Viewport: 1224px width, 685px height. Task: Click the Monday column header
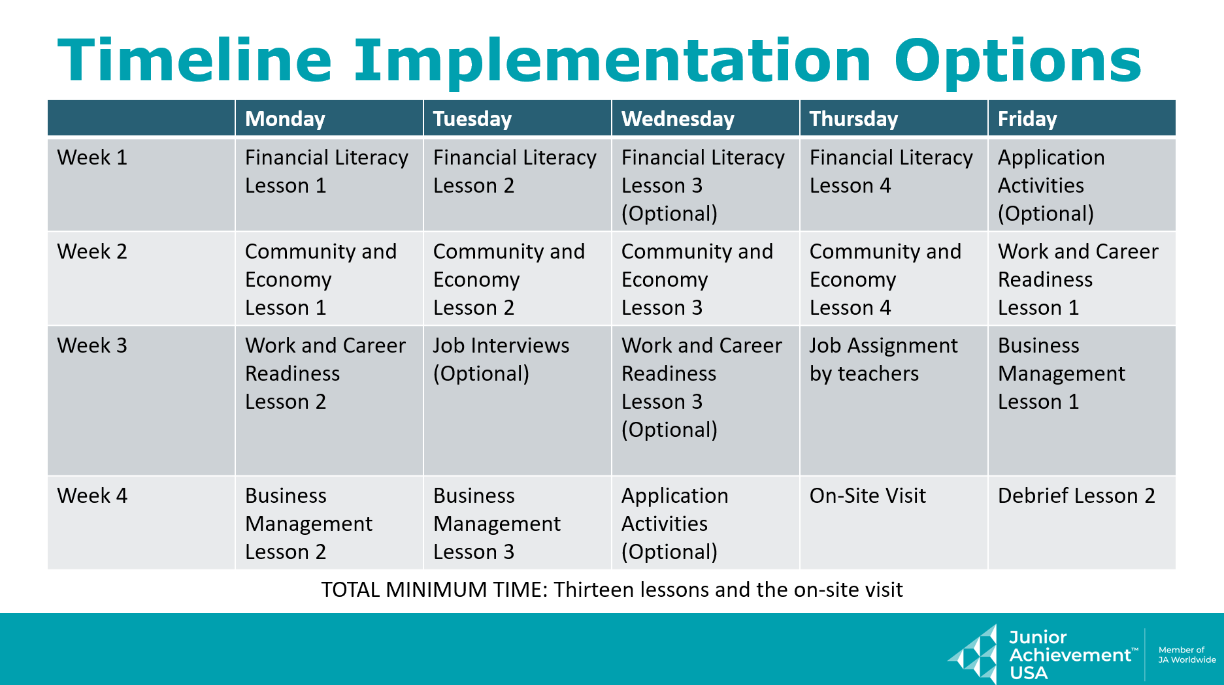pos(285,119)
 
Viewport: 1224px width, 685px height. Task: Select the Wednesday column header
pos(678,119)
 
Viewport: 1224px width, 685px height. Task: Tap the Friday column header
pos(1027,119)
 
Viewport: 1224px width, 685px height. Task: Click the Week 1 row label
pos(92,157)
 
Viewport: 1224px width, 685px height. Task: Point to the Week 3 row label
pos(92,345)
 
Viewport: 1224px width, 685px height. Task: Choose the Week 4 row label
pos(92,496)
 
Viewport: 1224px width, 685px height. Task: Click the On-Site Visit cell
pos(868,496)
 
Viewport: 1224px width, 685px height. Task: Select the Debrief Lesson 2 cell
pos(1076,496)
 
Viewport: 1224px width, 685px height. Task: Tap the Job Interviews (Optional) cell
pos(501,359)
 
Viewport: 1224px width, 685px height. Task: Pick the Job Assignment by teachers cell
pos(884,359)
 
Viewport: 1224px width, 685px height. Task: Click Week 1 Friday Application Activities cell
pos(1051,185)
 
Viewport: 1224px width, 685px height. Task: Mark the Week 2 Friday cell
pos(1078,279)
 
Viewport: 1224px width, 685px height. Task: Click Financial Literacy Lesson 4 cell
pos(891,172)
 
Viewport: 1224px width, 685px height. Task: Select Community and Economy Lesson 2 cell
pos(509,279)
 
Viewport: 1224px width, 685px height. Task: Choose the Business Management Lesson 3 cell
pos(497,524)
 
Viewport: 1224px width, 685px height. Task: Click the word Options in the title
pos(1017,61)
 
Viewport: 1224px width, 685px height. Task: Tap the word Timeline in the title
pos(195,60)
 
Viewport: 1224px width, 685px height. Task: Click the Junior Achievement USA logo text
pos(1073,655)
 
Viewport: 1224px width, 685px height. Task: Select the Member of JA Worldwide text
pos(1187,655)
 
